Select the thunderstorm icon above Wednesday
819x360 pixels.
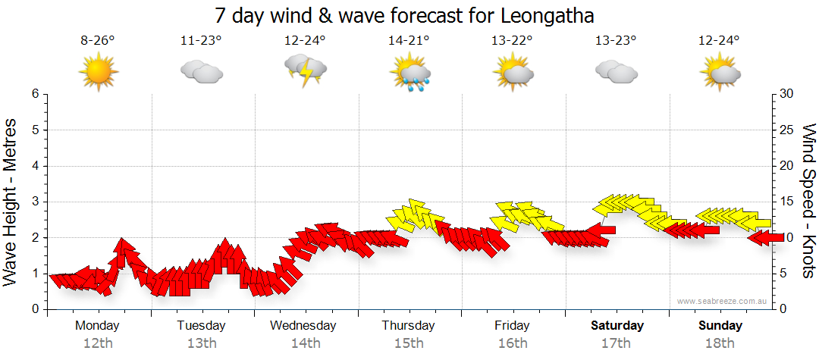tap(305, 70)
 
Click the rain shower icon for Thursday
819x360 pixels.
tap(409, 74)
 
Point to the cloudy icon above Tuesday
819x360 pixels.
tap(201, 72)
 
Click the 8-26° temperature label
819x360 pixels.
tap(98, 40)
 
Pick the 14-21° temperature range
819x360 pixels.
tap(409, 40)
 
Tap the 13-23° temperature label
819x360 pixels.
tap(615, 40)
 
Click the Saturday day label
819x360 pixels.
tap(617, 326)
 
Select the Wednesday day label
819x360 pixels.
tap(303, 326)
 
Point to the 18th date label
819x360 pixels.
tap(720, 343)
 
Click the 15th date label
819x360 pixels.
tap(409, 343)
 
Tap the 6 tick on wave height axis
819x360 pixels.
tap(34, 94)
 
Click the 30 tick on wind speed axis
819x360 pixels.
tap(787, 94)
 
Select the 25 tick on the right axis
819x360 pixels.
tap(787, 130)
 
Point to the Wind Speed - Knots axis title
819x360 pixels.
tap(808, 201)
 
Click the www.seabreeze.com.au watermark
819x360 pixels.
tap(723, 302)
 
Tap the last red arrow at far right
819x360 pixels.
tap(766, 238)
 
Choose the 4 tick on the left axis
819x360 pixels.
tap(34, 166)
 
